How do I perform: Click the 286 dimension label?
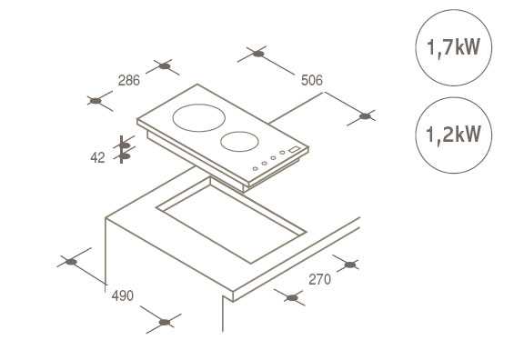[x=129, y=80]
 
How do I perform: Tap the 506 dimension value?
[x=312, y=80]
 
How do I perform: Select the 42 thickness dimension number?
[x=97, y=158]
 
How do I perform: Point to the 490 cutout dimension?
[x=123, y=295]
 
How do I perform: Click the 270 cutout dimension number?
[x=319, y=279]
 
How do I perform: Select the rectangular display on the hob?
[x=295, y=149]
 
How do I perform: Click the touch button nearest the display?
[x=282, y=153]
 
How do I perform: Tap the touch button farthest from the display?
[x=255, y=168]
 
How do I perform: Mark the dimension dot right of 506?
[x=365, y=116]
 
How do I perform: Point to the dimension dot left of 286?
[x=96, y=101]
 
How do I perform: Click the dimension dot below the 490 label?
[x=165, y=323]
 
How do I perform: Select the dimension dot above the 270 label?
[x=350, y=265]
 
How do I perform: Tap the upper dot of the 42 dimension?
[x=125, y=145]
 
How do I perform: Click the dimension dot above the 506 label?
[x=258, y=54]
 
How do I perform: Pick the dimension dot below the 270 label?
[x=292, y=298]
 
